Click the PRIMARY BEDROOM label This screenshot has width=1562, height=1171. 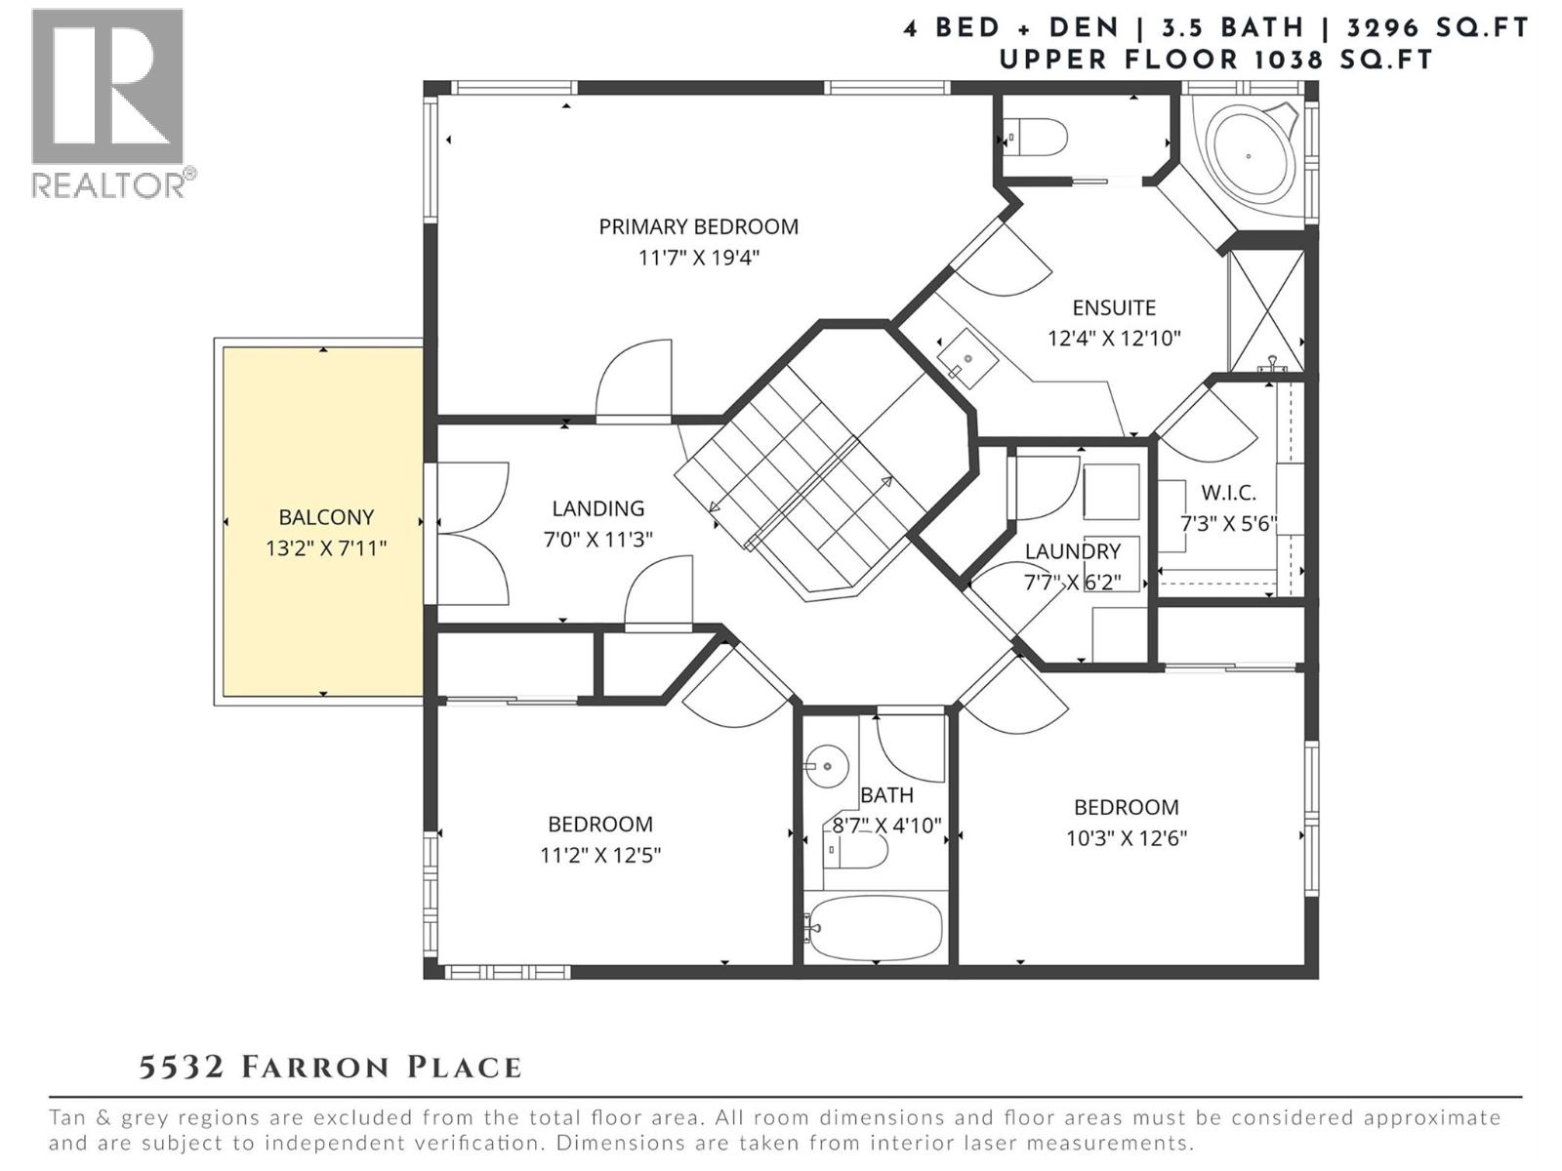(x=698, y=226)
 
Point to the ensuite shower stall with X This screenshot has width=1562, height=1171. (x=1266, y=310)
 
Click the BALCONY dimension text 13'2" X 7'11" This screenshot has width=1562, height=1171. (x=326, y=548)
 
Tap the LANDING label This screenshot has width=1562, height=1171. (x=597, y=507)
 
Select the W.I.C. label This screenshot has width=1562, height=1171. (x=1228, y=493)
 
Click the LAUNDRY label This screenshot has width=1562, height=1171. (x=1072, y=551)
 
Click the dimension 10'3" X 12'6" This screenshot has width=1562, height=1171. (x=1126, y=838)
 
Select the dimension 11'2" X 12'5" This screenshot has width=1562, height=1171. (x=600, y=856)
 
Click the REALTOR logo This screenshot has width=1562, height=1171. (x=108, y=102)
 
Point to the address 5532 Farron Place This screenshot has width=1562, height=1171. (x=330, y=1067)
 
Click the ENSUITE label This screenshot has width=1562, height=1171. (x=1114, y=307)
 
